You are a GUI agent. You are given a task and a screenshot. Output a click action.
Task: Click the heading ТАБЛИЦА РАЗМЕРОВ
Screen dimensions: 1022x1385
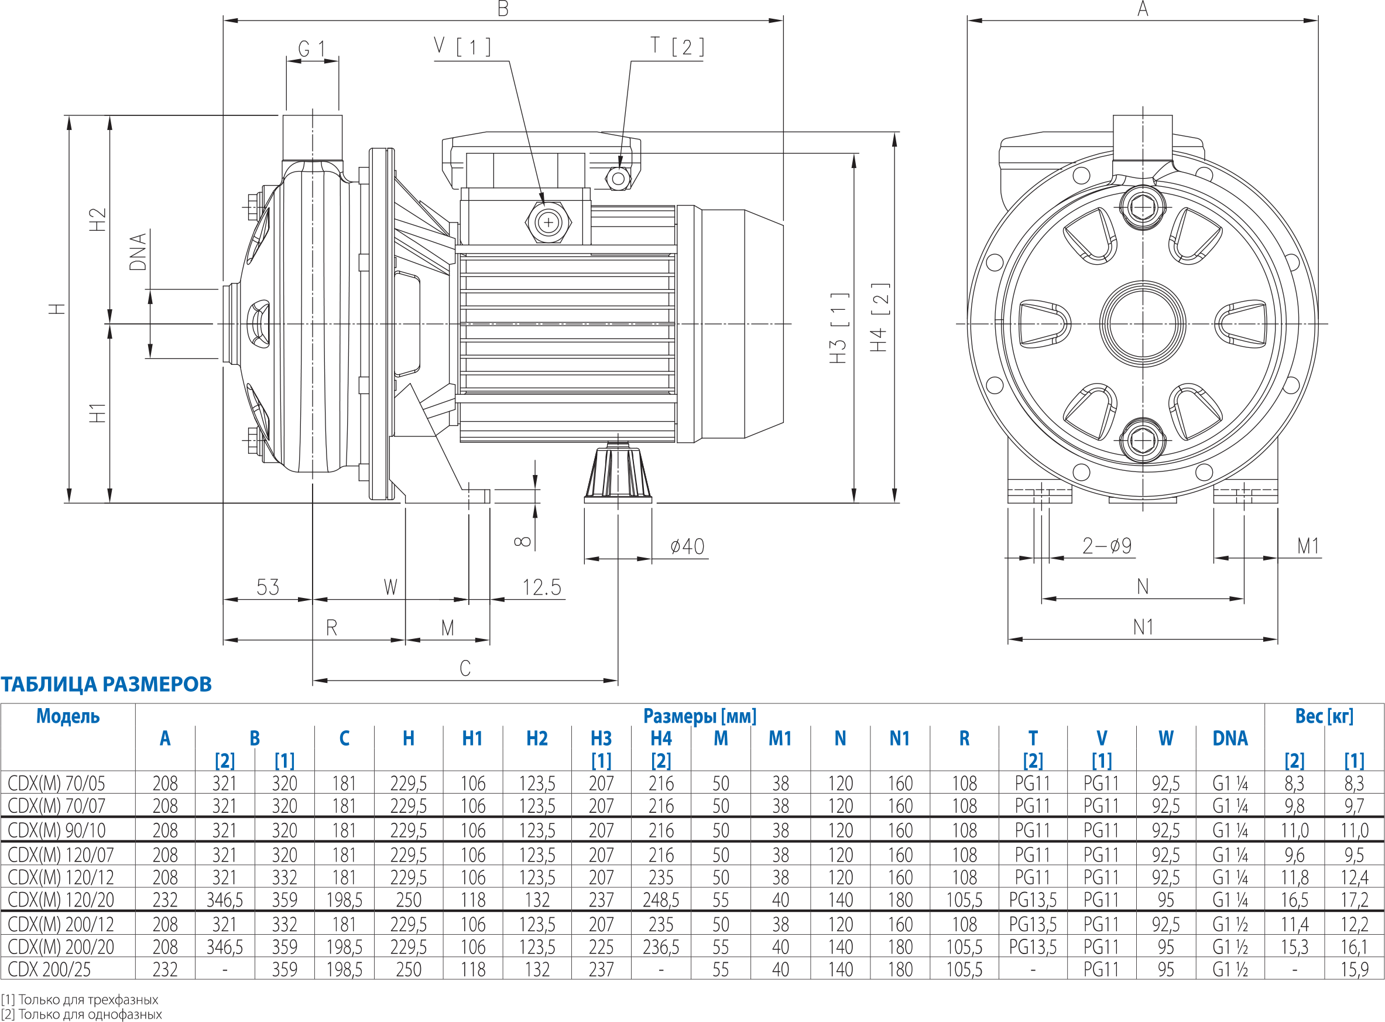point(107,684)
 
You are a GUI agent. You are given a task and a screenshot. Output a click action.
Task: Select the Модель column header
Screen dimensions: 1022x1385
point(68,716)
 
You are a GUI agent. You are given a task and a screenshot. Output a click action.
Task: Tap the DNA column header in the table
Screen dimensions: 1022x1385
point(1230,738)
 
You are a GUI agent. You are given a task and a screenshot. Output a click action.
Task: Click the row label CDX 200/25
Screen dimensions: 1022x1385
point(49,969)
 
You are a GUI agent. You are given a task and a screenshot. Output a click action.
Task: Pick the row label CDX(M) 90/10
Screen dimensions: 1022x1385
point(57,830)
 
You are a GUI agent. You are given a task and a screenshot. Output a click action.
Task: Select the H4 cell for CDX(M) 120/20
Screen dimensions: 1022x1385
point(661,900)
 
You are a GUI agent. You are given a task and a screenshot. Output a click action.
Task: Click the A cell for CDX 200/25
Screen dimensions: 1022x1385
point(165,969)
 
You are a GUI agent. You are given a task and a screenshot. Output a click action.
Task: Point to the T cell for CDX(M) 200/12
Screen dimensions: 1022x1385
point(1033,924)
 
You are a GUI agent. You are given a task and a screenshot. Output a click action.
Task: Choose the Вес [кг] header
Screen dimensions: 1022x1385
point(1324,716)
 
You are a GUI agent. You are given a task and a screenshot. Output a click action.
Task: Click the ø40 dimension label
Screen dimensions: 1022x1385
point(687,546)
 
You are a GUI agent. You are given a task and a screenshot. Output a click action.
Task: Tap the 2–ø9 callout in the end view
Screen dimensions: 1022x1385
point(1107,546)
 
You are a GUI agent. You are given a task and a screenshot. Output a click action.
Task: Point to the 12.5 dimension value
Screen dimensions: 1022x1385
point(541,587)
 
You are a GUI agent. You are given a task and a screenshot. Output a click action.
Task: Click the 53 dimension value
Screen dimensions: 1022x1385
point(268,587)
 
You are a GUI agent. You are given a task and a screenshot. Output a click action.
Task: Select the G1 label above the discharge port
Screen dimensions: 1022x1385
point(311,49)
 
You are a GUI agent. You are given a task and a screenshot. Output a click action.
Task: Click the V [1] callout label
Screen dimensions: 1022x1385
point(462,46)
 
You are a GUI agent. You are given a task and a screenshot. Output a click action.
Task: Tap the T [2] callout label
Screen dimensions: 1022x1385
point(677,46)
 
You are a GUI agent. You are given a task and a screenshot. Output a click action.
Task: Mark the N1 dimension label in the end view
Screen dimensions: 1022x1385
point(1143,628)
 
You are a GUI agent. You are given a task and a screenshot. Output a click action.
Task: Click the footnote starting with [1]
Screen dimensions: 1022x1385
point(80,999)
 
